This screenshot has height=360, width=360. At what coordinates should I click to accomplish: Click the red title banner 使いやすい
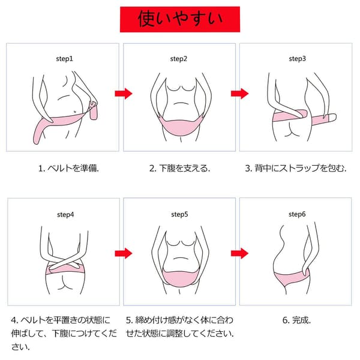[x=180, y=19]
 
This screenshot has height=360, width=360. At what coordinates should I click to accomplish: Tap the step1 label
[x=65, y=59]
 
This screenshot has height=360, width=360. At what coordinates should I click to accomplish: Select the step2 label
[x=179, y=59]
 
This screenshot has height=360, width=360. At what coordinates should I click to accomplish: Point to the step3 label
[x=298, y=59]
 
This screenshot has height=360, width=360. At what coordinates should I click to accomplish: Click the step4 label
[x=65, y=215]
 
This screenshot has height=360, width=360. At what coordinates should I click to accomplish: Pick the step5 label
[x=179, y=214]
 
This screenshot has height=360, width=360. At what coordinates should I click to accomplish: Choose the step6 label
[x=297, y=214]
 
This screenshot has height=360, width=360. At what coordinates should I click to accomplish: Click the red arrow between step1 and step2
[x=124, y=94]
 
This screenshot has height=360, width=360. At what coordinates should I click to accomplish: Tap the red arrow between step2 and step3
[x=239, y=94]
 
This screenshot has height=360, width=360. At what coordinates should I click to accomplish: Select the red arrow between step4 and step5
[x=124, y=253]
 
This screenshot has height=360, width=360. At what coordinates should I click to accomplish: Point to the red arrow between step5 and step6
[x=239, y=253]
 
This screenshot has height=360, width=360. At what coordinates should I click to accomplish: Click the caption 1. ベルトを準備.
[x=68, y=168]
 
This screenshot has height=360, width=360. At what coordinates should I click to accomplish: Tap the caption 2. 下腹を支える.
[x=179, y=168]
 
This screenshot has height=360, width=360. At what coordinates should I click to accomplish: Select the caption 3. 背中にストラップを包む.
[x=296, y=168]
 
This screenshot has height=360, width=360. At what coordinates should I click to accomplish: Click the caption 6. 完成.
[x=296, y=320]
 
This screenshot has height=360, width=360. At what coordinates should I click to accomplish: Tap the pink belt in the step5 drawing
[x=181, y=278]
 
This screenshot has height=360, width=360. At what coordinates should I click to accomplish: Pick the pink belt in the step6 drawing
[x=290, y=278]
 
